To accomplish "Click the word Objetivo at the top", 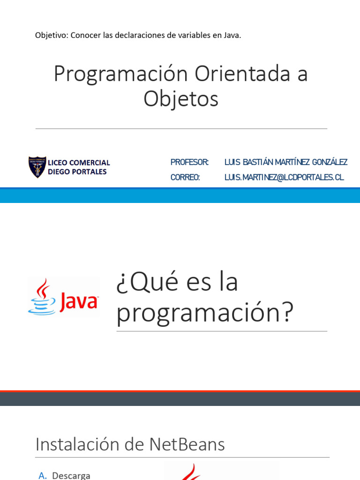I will [x=51, y=36].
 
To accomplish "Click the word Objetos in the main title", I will [x=181, y=99].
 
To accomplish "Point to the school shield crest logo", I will [x=37, y=167].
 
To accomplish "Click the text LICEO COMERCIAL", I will [x=79, y=163].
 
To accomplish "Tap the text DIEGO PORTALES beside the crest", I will [x=77, y=172].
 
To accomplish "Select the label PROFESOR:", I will [x=189, y=162].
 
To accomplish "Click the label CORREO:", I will [x=185, y=177].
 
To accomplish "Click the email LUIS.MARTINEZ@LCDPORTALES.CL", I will [x=284, y=177].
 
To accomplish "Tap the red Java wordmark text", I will [x=78, y=301].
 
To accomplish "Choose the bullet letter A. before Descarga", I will [x=43, y=475].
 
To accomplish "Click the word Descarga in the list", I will [x=71, y=475].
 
